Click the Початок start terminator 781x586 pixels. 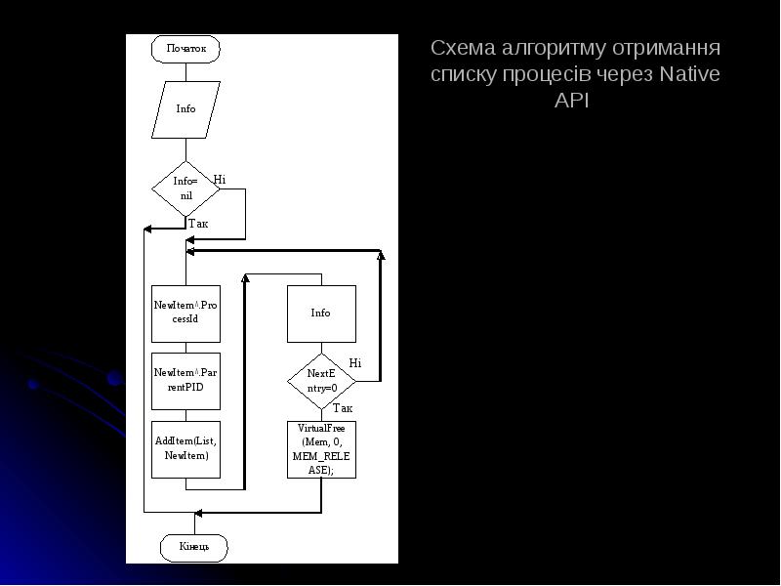pos(185,48)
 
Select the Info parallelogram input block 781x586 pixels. pos(185,109)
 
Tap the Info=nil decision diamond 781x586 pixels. pos(185,188)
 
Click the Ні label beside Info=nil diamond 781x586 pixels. pos(220,180)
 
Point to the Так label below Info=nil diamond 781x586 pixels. pos(198,224)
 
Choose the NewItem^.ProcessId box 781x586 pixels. pos(185,313)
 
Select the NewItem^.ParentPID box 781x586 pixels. pos(185,380)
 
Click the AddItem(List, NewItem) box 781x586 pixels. pos(185,449)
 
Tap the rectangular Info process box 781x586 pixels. pos(321,314)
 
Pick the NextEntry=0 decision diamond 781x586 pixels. pos(321,381)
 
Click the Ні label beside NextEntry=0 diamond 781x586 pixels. pos(354,363)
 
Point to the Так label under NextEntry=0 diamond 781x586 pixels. pos(342,408)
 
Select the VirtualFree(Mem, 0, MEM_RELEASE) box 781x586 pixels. pos(321,449)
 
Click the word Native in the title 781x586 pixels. pos(689,74)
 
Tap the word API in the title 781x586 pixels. pos(571,101)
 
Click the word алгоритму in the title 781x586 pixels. pos(566,48)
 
